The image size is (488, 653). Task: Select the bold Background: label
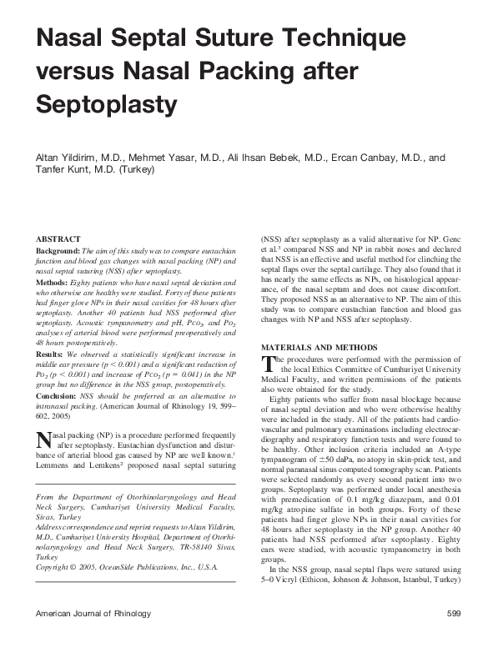pos(58,250)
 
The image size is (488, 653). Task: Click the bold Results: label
pos(50,354)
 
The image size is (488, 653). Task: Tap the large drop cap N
pos(44,440)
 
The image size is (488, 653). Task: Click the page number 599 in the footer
pos(453,637)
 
